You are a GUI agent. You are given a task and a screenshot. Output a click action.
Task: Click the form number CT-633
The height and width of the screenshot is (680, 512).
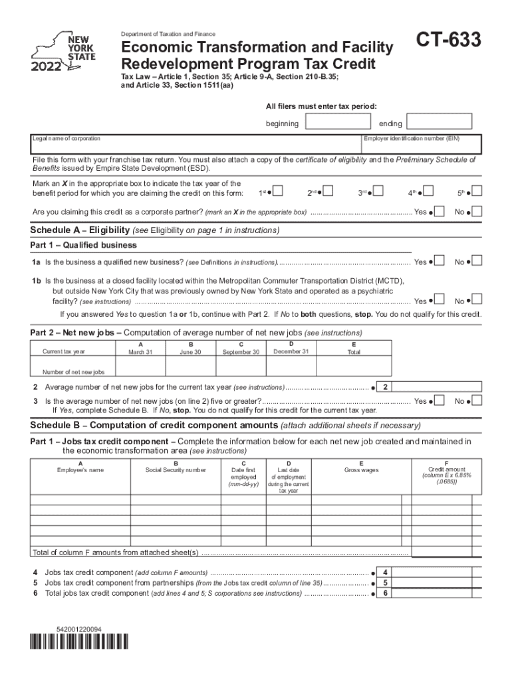(449, 41)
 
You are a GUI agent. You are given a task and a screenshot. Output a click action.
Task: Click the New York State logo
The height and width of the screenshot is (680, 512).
(65, 52)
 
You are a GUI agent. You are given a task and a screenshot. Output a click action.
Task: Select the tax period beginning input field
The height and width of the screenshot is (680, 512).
(337, 122)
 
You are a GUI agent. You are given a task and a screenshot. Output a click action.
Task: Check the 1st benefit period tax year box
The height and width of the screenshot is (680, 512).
(278, 192)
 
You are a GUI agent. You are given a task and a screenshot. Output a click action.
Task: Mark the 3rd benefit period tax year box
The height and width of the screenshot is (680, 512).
(378, 192)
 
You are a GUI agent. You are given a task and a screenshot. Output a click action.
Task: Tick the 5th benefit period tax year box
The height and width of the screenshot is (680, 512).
(476, 192)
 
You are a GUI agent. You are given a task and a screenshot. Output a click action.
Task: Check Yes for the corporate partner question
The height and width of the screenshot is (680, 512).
(439, 211)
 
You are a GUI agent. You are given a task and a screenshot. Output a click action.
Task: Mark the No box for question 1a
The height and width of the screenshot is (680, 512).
(476, 261)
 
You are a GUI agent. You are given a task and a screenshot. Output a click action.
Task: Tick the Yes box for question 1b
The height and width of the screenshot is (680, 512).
(439, 300)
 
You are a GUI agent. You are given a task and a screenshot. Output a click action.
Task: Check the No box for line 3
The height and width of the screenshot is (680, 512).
(476, 400)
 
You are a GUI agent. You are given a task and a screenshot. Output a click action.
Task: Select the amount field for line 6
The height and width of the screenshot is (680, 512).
(438, 593)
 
